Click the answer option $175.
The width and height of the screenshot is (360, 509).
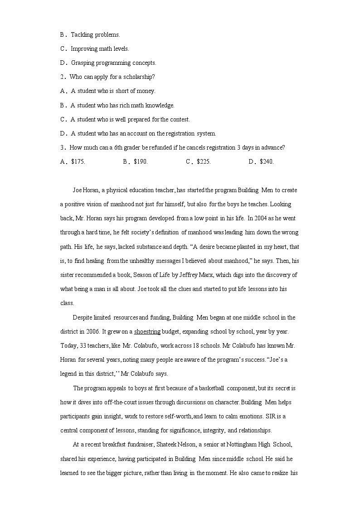tap(78, 162)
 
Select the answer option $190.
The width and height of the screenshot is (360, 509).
tap(141, 162)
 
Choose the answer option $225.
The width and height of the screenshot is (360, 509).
tap(204, 162)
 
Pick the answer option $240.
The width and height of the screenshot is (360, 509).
tap(267, 162)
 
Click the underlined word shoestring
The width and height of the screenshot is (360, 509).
tap(147, 332)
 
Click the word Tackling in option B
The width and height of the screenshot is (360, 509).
tap(82, 34)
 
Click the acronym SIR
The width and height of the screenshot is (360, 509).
tap(272, 417)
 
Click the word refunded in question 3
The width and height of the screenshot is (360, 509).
tap(168, 148)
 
